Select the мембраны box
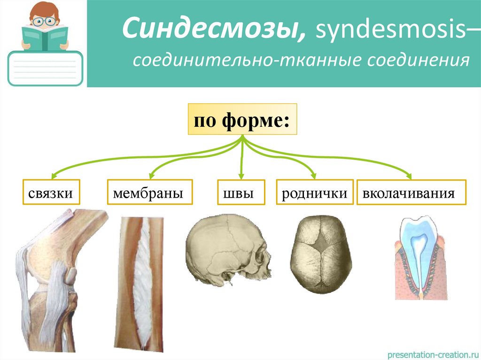(150, 192)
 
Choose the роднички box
(314, 192)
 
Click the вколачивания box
(411, 192)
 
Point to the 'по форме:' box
(242, 119)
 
